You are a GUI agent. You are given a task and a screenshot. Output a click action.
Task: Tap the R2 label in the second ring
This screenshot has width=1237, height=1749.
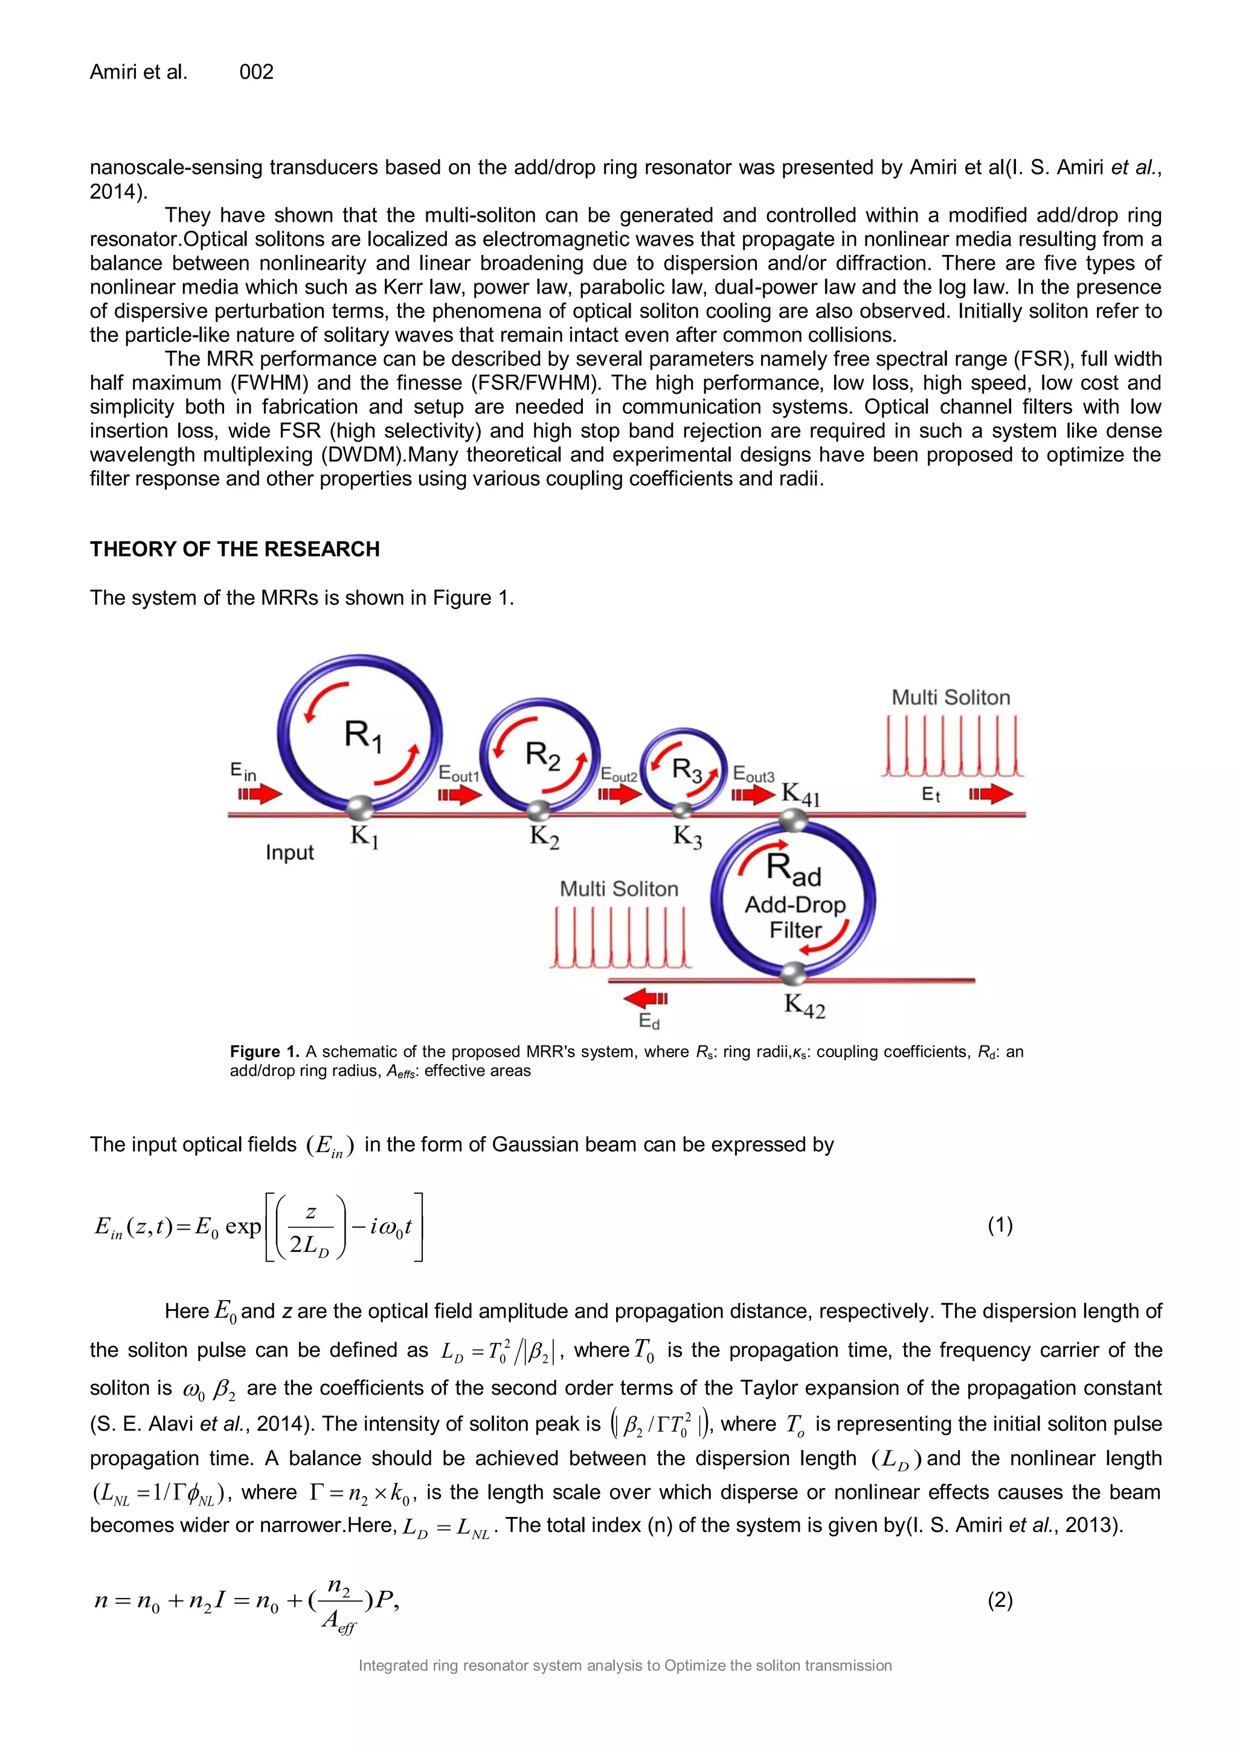coord(542,756)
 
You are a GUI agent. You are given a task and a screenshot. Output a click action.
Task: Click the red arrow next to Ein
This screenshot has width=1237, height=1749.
coord(260,794)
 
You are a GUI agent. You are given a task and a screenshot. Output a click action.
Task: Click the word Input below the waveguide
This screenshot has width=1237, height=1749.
coord(289,852)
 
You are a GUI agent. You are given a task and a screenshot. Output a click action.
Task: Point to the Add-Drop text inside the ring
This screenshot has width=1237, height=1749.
coord(795,905)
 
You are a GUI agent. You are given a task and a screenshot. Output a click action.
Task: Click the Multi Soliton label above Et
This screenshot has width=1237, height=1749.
coord(951,698)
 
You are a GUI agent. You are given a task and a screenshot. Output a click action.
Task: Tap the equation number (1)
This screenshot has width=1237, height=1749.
coord(1000,1225)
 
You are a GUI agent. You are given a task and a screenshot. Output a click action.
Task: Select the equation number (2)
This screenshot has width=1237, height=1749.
coord(1000,1600)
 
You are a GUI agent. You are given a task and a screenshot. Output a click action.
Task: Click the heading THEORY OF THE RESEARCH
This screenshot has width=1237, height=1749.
coord(234,549)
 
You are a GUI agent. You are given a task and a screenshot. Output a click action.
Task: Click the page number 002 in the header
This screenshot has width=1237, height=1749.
coord(256,72)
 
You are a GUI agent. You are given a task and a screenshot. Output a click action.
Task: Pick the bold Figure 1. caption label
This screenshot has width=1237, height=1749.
coord(265,1052)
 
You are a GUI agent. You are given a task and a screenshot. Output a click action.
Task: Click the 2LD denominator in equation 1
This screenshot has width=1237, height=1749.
coord(309,1245)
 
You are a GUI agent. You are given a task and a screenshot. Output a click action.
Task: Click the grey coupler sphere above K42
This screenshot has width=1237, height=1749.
coord(793,973)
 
